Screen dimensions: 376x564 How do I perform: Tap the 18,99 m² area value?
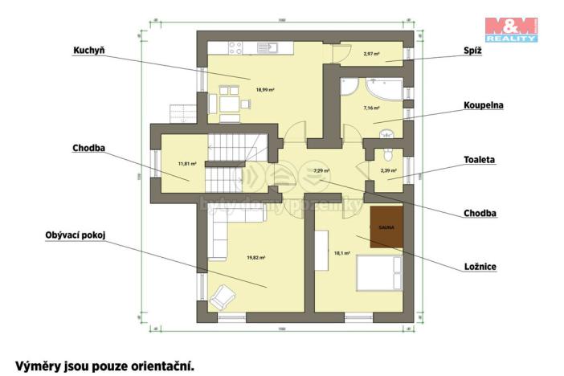pyautogui.click(x=265, y=89)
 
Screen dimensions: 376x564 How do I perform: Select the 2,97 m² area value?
pyautogui.click(x=371, y=54)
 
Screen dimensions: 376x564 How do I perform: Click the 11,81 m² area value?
pyautogui.click(x=187, y=164)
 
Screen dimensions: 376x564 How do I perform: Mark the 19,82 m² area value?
pyautogui.click(x=256, y=257)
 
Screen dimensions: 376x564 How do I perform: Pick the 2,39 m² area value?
pyautogui.click(x=388, y=171)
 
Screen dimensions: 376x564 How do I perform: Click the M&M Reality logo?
pyautogui.click(x=511, y=28)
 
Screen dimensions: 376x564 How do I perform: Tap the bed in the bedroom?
pyautogui.click(x=377, y=272)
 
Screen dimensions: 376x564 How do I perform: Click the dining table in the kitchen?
pyautogui.click(x=229, y=103)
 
